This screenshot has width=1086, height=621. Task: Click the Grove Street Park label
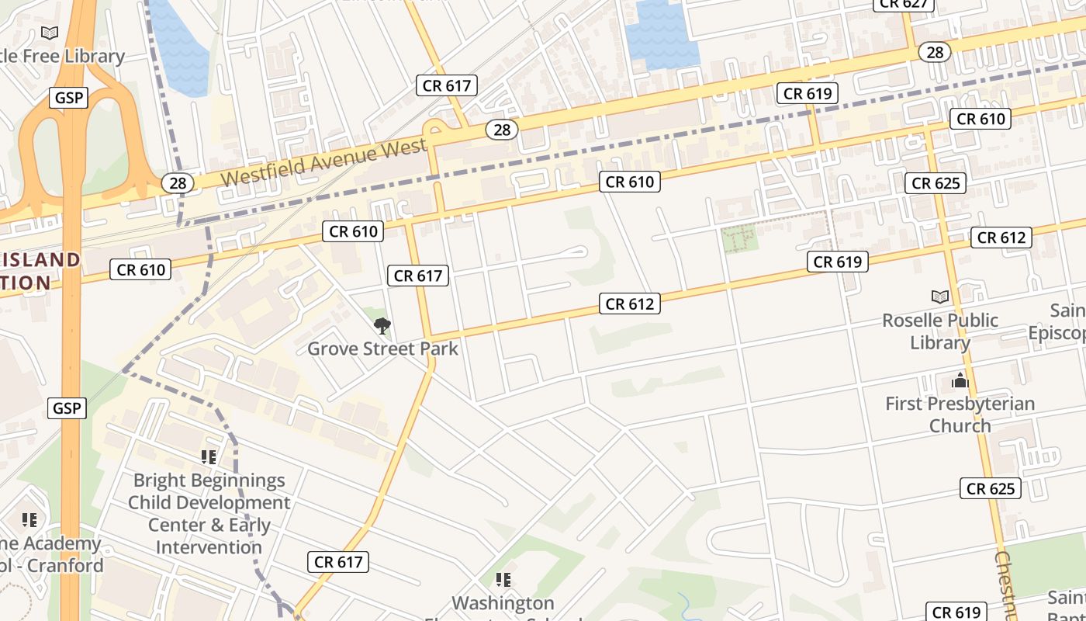pos(382,349)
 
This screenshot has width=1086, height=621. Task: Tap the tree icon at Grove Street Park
pos(382,326)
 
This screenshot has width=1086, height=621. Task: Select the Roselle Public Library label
pos(940,331)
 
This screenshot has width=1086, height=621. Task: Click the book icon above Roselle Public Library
pos(940,297)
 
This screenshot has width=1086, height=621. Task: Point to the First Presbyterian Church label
pos(960,415)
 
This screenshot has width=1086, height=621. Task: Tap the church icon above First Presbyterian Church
pos(960,380)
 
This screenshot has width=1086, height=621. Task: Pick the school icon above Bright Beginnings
pos(208,457)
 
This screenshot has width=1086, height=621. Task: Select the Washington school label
pos(503,603)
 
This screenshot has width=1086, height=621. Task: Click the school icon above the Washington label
pos(503,580)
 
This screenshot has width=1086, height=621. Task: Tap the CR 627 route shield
pos(904,4)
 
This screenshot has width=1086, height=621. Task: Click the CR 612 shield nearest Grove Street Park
pos(630,304)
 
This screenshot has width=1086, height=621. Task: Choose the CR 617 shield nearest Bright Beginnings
pos(338,562)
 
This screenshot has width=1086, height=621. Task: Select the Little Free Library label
pos(62,56)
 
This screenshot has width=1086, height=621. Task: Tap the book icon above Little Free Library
pos(50,33)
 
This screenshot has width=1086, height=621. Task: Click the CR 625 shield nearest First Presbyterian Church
pos(991,489)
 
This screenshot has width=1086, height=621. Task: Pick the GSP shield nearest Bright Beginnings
pos(67,408)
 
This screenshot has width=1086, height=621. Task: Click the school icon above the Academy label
pos(29,520)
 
